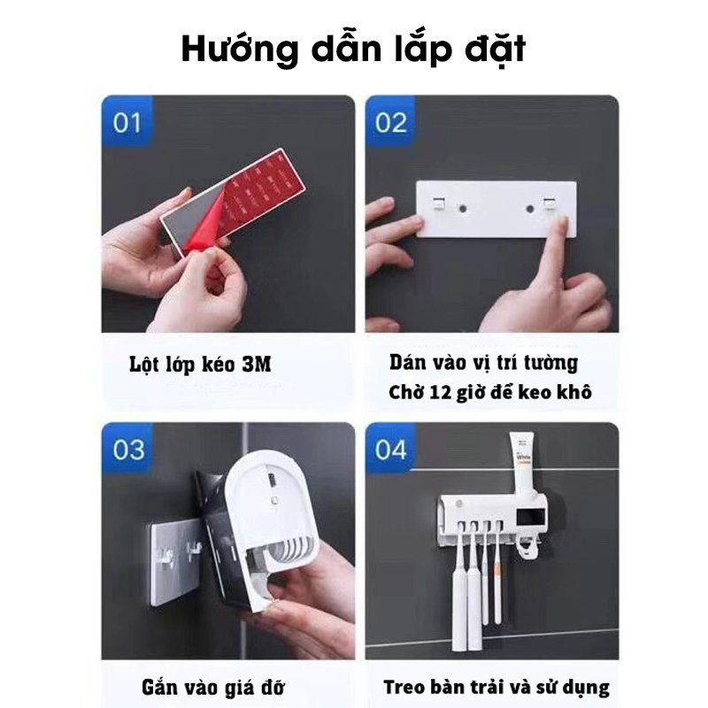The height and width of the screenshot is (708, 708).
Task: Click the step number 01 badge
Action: tap(127, 122)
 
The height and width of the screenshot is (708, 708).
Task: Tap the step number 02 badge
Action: tap(390, 122)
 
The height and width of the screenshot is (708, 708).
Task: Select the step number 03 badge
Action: tap(128, 450)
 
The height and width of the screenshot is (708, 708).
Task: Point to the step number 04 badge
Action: tap(390, 450)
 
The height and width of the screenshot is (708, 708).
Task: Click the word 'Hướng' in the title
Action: tap(240, 49)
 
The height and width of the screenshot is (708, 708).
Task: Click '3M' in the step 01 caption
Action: tap(257, 364)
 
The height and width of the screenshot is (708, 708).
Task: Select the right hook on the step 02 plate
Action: tap(549, 204)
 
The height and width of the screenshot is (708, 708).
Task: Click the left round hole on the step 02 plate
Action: tap(462, 209)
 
